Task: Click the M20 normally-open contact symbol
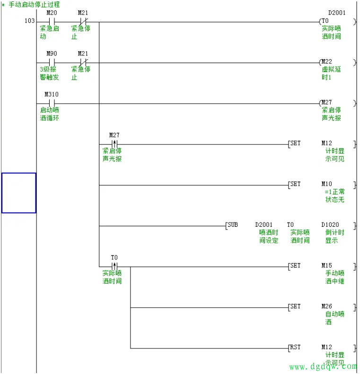52,22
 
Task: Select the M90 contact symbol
52,62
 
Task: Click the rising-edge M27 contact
114,144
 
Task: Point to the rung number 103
29,21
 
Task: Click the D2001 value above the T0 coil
336,13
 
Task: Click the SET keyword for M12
295,143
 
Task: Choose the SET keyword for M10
295,184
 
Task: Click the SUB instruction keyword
232,224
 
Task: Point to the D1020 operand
330,224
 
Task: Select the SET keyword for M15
295,266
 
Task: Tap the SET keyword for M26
295,306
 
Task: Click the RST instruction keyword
295,347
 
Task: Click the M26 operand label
327,306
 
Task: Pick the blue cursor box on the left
18,193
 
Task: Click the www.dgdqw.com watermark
323,366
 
